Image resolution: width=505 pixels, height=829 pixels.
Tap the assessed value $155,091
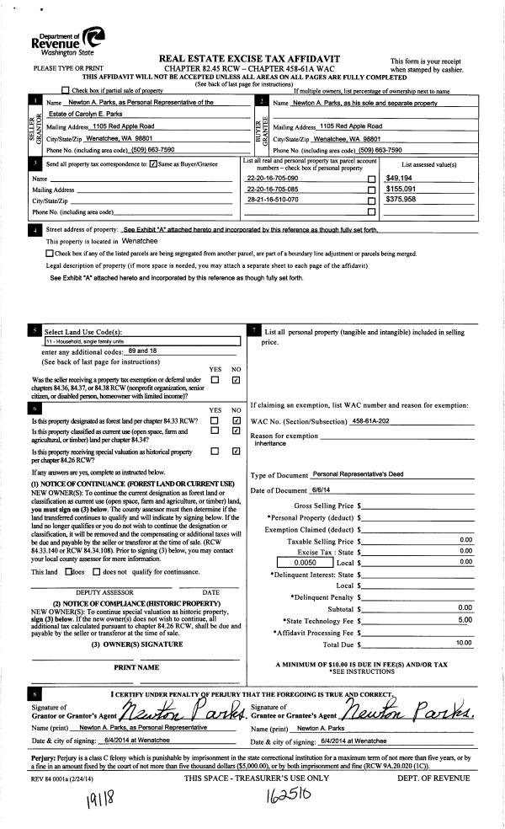pos(403,190)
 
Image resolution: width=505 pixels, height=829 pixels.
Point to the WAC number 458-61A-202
pos(373,420)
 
